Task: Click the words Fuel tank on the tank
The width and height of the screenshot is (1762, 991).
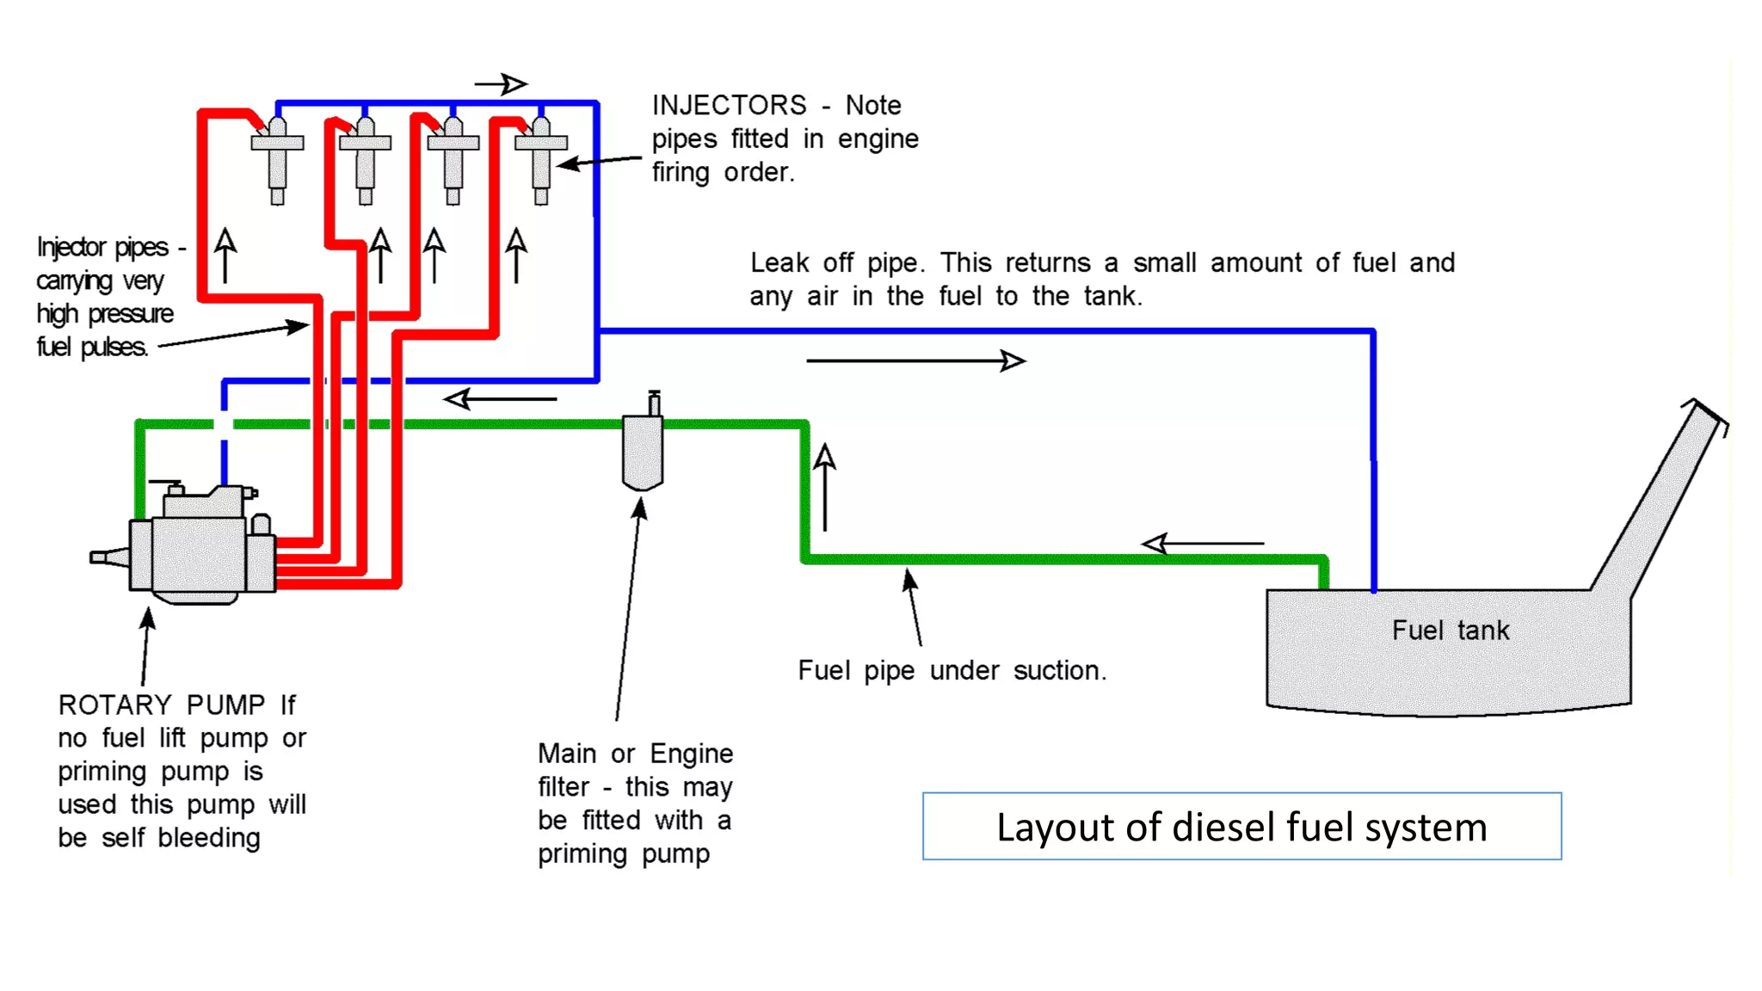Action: click(1450, 631)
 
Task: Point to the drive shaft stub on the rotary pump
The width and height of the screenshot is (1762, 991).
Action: click(108, 557)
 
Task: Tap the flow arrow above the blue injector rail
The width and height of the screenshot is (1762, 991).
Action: click(502, 84)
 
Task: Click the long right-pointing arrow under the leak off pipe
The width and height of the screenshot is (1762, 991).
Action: click(915, 360)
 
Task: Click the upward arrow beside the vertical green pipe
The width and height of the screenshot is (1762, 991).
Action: click(824, 486)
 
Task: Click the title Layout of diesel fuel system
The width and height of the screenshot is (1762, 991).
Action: click(1241, 827)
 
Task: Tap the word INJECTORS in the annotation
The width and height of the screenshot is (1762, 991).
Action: click(729, 105)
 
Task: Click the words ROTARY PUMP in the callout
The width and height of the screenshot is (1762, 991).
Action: click(162, 705)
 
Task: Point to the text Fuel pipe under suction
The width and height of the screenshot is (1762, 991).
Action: click(952, 670)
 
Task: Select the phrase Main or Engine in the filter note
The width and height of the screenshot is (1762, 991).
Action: click(635, 754)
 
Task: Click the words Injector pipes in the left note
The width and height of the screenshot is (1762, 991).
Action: click(102, 248)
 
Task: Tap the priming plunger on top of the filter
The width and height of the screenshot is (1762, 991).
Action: click(654, 403)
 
